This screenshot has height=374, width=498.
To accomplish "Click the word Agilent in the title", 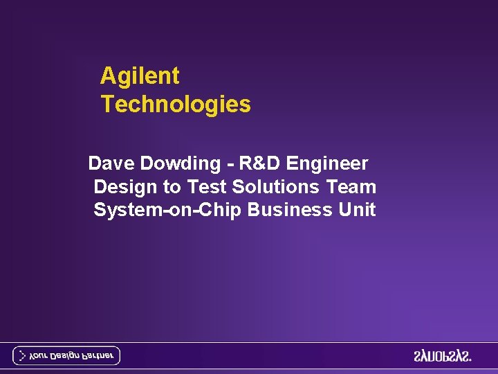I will pyautogui.click(x=140, y=75).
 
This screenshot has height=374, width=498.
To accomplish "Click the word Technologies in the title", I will pyautogui.click(x=176, y=105).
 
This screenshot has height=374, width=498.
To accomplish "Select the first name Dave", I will pyautogui.click(x=112, y=163).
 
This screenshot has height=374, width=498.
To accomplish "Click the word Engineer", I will pyautogui.click(x=327, y=163).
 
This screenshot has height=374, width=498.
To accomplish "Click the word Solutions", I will pyautogui.click(x=276, y=187).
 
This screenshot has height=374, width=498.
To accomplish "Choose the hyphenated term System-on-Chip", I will pyautogui.click(x=167, y=210).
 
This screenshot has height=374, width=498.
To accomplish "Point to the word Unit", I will pyautogui.click(x=356, y=210).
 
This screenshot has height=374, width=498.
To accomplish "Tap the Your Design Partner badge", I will pyautogui.click(x=66, y=356).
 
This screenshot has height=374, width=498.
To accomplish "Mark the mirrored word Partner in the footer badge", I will pyautogui.click(x=98, y=356).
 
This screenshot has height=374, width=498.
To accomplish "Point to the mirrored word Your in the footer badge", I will pyautogui.click(x=39, y=356).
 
